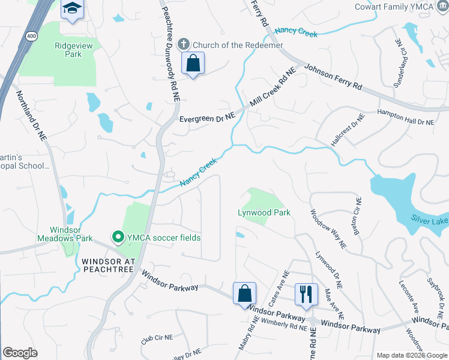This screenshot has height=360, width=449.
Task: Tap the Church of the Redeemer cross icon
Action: pos(184,44)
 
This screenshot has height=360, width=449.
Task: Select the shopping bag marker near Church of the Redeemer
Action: pos(193,64)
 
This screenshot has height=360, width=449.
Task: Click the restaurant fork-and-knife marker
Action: pos(306,294)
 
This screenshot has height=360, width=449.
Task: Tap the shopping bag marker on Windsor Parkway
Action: pos(244,294)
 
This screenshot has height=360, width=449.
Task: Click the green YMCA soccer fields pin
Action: pos(118,238)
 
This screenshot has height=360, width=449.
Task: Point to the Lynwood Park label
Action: pos(264,212)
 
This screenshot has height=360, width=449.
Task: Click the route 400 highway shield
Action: pos(30,36)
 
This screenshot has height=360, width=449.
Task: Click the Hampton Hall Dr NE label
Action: pos(405,117)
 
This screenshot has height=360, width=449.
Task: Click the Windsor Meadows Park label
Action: pos(71,234)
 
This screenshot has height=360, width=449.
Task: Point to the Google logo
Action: pos(20,352)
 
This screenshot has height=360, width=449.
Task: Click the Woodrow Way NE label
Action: pos(328,228)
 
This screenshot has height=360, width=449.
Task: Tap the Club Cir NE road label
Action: pos(157,338)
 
